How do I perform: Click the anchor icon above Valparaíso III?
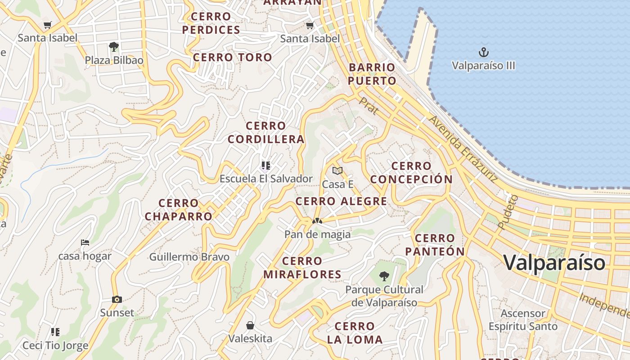click(483, 52)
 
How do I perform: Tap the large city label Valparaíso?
click(554, 262)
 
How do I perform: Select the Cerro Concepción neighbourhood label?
click(411, 172)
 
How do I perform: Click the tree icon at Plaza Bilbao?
click(114, 46)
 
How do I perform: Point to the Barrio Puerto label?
click(372, 74)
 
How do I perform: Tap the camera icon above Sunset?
click(117, 299)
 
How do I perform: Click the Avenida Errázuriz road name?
click(463, 149)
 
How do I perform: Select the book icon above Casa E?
click(337, 171)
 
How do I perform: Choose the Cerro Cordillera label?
click(266, 132)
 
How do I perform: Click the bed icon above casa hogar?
click(85, 243)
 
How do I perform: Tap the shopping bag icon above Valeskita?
click(250, 325)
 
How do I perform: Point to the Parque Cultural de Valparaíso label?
click(384, 296)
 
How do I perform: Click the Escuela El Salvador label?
click(266, 179)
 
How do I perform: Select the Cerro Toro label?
click(233, 57)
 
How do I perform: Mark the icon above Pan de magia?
click(317, 221)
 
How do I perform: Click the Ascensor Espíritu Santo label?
click(523, 319)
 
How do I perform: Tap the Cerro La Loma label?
click(355, 333)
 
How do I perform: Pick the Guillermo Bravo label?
click(189, 257)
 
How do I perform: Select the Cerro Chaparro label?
click(179, 210)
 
